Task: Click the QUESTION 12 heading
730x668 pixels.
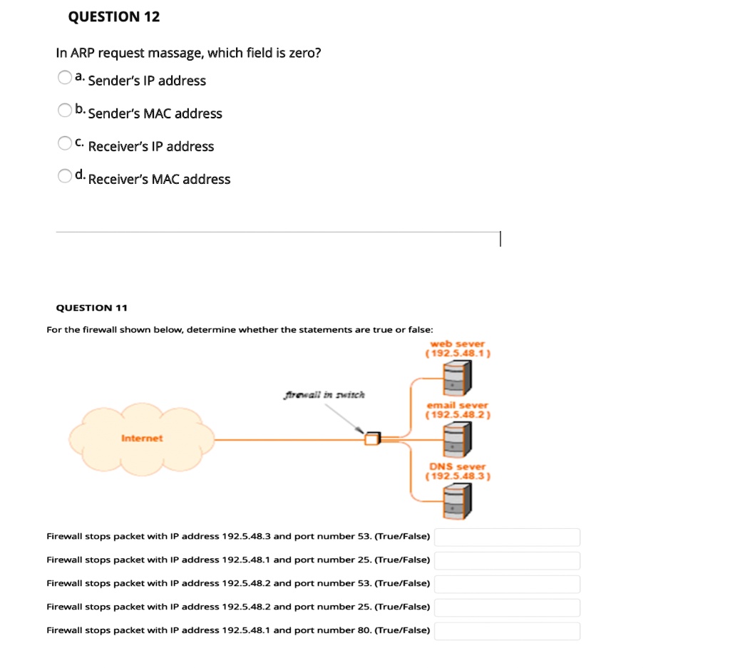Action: coord(113,17)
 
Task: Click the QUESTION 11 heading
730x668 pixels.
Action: coord(91,308)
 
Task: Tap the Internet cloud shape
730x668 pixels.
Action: coord(142,434)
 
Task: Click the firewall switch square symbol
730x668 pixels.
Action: coord(372,438)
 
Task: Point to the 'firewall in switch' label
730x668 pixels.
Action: coord(324,395)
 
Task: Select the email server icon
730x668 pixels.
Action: coord(457,438)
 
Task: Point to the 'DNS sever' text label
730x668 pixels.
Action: coord(457,466)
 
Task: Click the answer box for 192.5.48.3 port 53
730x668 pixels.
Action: coord(507,537)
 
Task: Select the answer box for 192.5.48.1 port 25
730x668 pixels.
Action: coord(507,560)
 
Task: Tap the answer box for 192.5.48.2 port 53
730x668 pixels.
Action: coord(507,584)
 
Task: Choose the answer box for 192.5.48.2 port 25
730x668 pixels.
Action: coord(507,607)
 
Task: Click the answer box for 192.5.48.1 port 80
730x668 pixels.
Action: coord(507,631)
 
